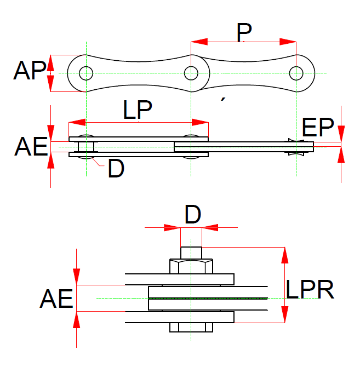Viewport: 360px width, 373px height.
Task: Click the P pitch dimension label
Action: pyautogui.click(x=244, y=32)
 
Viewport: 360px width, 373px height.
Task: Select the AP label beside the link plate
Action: pyautogui.click(x=30, y=70)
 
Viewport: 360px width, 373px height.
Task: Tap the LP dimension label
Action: pyautogui.click(x=138, y=110)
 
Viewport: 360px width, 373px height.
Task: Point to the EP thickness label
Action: pyautogui.click(x=318, y=127)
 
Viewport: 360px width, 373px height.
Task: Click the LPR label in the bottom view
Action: pyautogui.click(x=310, y=290)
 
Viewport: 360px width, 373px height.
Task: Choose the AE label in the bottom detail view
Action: pyautogui.click(x=56, y=299)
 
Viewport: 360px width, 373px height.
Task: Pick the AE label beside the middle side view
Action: pyautogui.click(x=31, y=146)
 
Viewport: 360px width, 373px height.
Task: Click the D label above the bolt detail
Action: pyautogui.click(x=193, y=214)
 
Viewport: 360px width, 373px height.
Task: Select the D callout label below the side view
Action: pyautogui.click(x=116, y=168)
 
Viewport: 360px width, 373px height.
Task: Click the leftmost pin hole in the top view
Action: pyautogui.click(x=86, y=73)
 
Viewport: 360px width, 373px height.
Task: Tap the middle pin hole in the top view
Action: pyautogui.click(x=191, y=73)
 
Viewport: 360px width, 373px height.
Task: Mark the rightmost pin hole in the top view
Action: pyautogui.click(x=296, y=73)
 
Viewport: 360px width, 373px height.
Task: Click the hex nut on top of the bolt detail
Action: pyautogui.click(x=191, y=266)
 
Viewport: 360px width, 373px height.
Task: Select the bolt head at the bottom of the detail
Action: pyautogui.click(x=191, y=328)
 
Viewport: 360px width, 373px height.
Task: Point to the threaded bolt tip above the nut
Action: pyautogui.click(x=191, y=253)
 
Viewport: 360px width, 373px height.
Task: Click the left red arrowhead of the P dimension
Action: pyautogui.click(x=199, y=42)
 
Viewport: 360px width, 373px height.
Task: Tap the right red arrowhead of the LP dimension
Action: pyautogui.click(x=200, y=122)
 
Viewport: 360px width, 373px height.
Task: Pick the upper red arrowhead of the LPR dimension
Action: pyautogui.click(x=285, y=255)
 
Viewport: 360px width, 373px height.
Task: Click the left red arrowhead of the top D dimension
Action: pyautogui.click(x=172, y=227)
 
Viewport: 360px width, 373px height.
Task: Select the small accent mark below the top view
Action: pyautogui.click(x=223, y=99)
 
